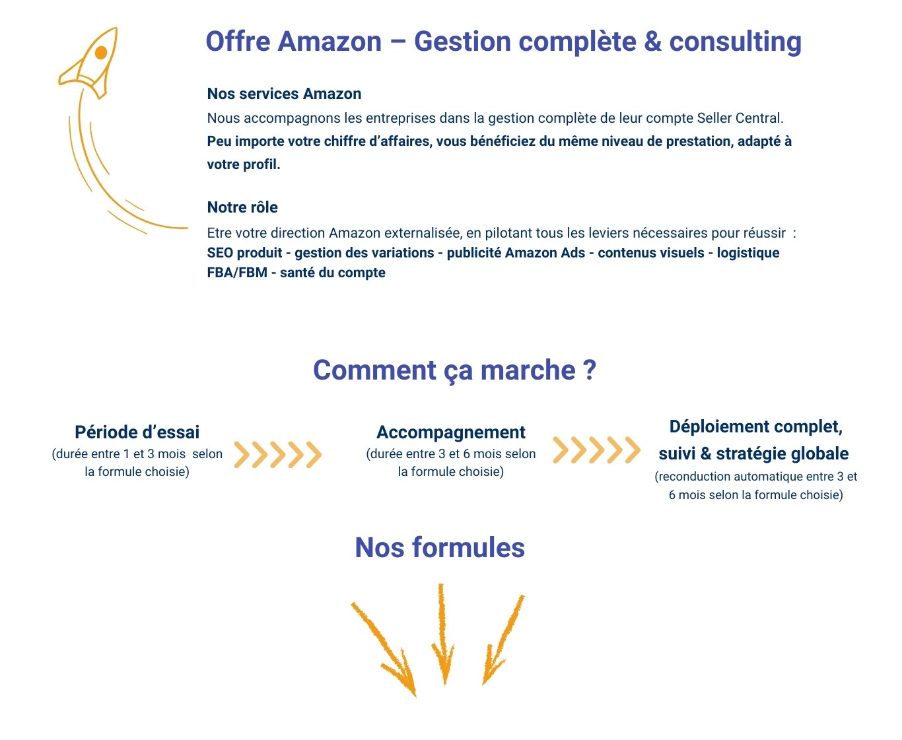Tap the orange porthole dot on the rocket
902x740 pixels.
(x=101, y=52)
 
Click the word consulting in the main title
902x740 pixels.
(x=735, y=42)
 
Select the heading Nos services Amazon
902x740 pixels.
(x=284, y=94)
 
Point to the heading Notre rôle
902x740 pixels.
(x=242, y=207)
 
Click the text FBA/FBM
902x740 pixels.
(x=237, y=273)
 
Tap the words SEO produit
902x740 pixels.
(x=244, y=253)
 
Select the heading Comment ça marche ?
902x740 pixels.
(x=454, y=370)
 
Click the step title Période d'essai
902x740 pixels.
(x=137, y=432)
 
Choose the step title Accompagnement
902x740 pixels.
(x=451, y=432)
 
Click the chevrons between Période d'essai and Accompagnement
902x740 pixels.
(x=277, y=454)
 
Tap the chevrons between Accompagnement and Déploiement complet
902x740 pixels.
(x=596, y=450)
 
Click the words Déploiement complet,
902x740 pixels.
(x=755, y=426)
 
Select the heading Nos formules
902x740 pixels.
(x=440, y=548)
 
